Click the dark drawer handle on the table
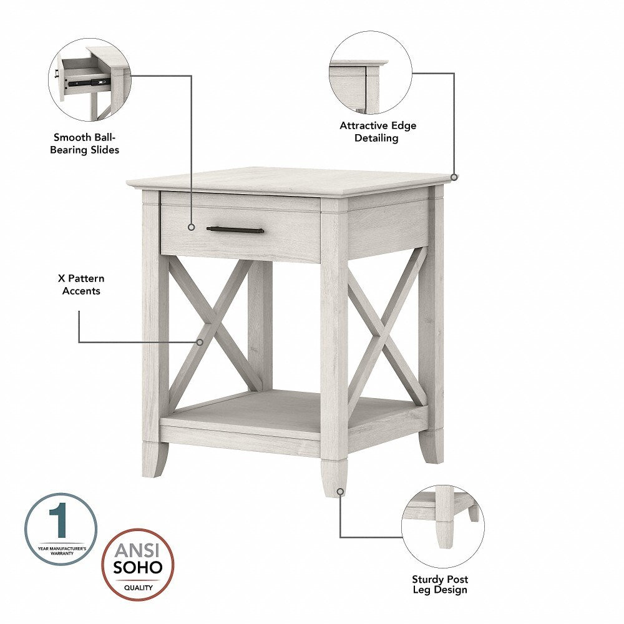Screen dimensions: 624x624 pos(235,230)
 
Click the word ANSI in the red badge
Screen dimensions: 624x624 pos(137,551)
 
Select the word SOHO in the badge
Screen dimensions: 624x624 pos(137,567)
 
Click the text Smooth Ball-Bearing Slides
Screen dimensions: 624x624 pos(85,144)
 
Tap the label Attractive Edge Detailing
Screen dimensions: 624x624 pos(378,132)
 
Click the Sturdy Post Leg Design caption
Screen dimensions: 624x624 pos(440,584)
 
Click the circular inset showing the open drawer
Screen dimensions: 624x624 pos(90,79)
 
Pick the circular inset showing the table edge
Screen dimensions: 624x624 pos(371,73)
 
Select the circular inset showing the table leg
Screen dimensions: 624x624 pos(442,526)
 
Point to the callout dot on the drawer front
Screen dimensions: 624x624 pos(191,228)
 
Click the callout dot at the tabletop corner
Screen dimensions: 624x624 pos(454,177)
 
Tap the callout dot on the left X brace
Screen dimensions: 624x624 pos(200,342)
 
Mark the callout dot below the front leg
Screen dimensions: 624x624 pos(340,492)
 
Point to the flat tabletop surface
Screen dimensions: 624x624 pos(287,180)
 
